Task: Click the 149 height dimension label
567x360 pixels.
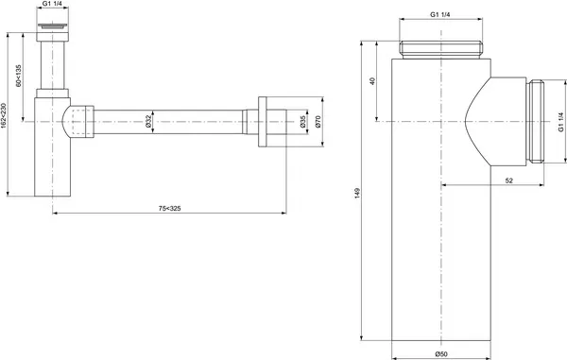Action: [357, 194]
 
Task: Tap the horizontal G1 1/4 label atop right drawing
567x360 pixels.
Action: [441, 15]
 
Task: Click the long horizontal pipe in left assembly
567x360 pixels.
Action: [170, 121]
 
